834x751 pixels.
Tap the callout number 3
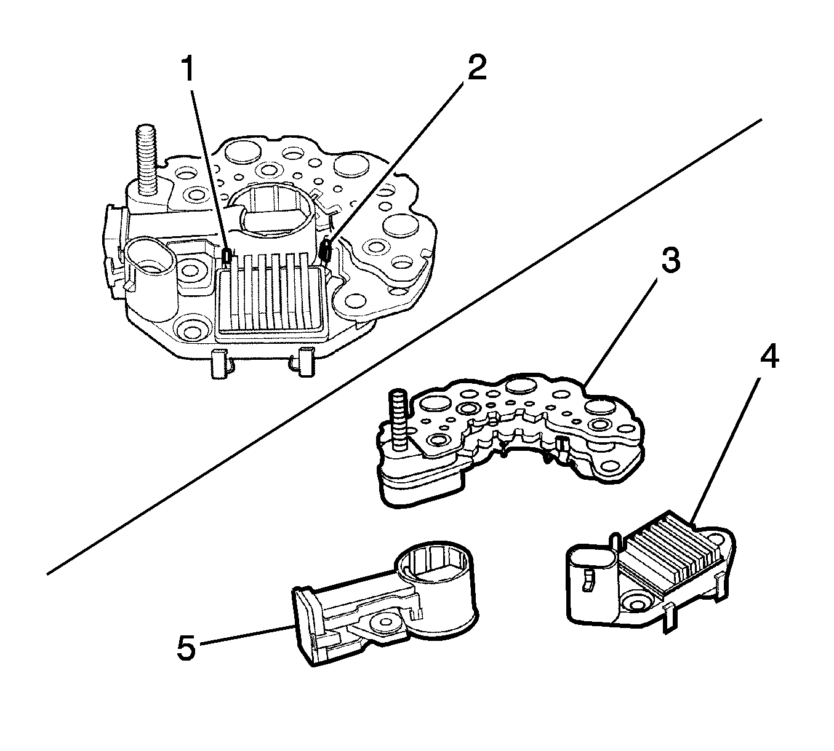click(670, 261)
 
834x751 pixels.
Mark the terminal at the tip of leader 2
click(327, 250)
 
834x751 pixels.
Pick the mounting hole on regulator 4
click(633, 600)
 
